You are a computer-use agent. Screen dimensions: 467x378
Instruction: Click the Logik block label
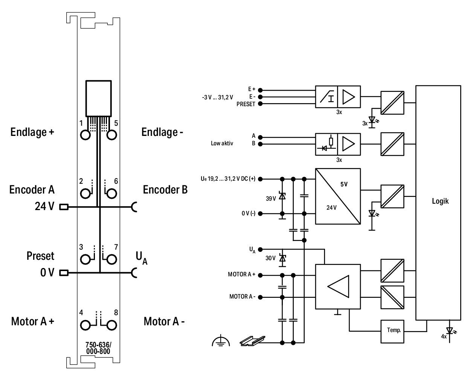(x=440, y=201)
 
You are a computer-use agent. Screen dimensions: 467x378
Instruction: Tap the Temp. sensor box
(x=392, y=331)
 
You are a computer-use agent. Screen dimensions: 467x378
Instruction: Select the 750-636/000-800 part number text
(x=98, y=348)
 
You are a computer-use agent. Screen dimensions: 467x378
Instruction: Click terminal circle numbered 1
(x=85, y=135)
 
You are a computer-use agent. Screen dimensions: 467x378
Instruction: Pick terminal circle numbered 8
(x=111, y=325)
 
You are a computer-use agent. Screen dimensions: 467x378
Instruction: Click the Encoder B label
(x=165, y=189)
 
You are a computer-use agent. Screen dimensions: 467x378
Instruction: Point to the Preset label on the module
(x=40, y=256)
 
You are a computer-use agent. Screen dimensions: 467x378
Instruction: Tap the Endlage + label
(x=32, y=132)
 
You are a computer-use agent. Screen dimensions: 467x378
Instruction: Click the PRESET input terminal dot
(x=260, y=104)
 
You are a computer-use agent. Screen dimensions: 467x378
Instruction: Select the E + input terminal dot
(x=260, y=90)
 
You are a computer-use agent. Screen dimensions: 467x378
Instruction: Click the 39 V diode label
(x=271, y=198)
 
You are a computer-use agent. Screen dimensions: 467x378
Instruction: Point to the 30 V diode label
(x=270, y=258)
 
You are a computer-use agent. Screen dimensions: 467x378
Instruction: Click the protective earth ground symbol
(x=221, y=341)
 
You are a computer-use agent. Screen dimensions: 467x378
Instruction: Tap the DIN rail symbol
(x=252, y=341)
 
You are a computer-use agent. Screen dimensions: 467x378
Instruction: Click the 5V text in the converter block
(x=344, y=184)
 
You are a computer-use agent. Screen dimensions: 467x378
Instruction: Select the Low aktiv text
(x=222, y=143)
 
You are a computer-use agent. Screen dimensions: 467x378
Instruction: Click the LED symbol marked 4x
(x=449, y=331)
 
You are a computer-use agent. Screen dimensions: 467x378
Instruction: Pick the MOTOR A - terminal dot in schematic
(x=260, y=297)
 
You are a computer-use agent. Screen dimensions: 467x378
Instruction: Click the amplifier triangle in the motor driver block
(x=338, y=287)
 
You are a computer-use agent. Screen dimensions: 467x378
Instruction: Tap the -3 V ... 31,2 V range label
(x=218, y=97)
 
